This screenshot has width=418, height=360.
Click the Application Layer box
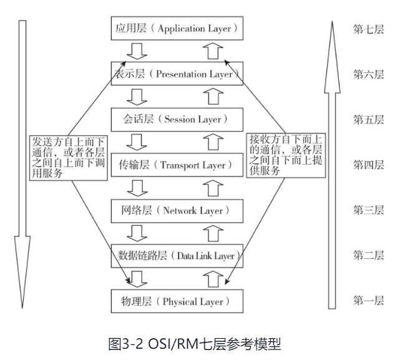175,29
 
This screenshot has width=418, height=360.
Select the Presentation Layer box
175,74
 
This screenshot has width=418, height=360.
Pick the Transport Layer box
175,165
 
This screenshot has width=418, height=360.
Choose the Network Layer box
175,210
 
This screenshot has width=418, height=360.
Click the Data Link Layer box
175,256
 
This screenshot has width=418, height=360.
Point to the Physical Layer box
175,301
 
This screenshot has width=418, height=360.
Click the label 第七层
368,29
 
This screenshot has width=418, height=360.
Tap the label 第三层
368,210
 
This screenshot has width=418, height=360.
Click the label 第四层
368,165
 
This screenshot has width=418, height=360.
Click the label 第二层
368,256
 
